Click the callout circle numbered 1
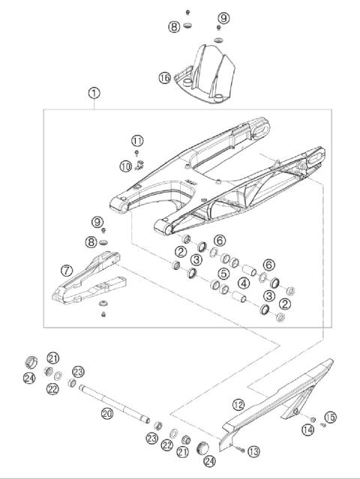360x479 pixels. tap(94, 94)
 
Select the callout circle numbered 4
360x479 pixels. tap(244, 284)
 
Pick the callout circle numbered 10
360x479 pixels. tap(125, 164)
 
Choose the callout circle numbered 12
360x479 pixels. tap(238, 405)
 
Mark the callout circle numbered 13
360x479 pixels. tap(253, 451)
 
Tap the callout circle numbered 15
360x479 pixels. tap(331, 417)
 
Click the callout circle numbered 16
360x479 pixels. tap(165, 77)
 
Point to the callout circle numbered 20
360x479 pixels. tap(106, 412)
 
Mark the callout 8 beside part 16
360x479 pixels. tap(174, 26)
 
